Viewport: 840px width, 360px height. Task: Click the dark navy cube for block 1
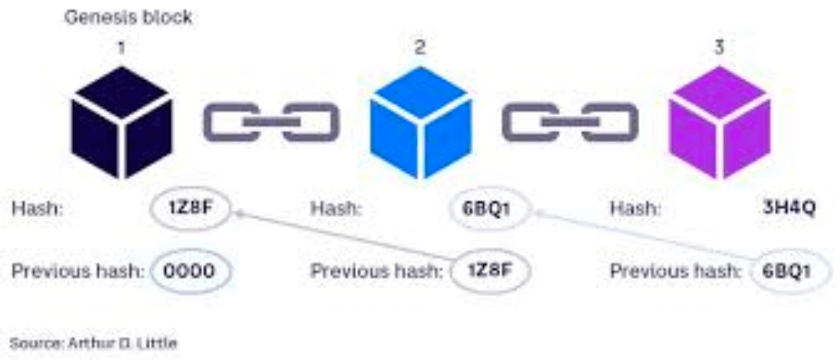pos(120,123)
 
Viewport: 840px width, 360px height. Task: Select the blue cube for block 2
pos(420,123)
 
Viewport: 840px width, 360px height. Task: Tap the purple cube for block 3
pos(720,123)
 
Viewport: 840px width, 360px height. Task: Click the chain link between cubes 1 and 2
pos(271,123)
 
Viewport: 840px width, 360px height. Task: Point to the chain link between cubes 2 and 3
pos(570,123)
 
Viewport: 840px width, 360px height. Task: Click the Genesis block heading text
pos(128,17)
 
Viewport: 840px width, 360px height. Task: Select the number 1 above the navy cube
pos(121,48)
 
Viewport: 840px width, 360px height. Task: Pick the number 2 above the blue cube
pos(420,48)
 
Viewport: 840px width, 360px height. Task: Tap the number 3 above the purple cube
pos(719,48)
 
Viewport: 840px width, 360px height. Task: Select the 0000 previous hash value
pos(191,271)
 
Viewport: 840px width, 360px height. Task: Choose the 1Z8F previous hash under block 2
pos(491,271)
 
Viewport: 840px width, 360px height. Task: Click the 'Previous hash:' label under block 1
pos(78,271)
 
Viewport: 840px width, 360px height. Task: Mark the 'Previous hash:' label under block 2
pos(377,271)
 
